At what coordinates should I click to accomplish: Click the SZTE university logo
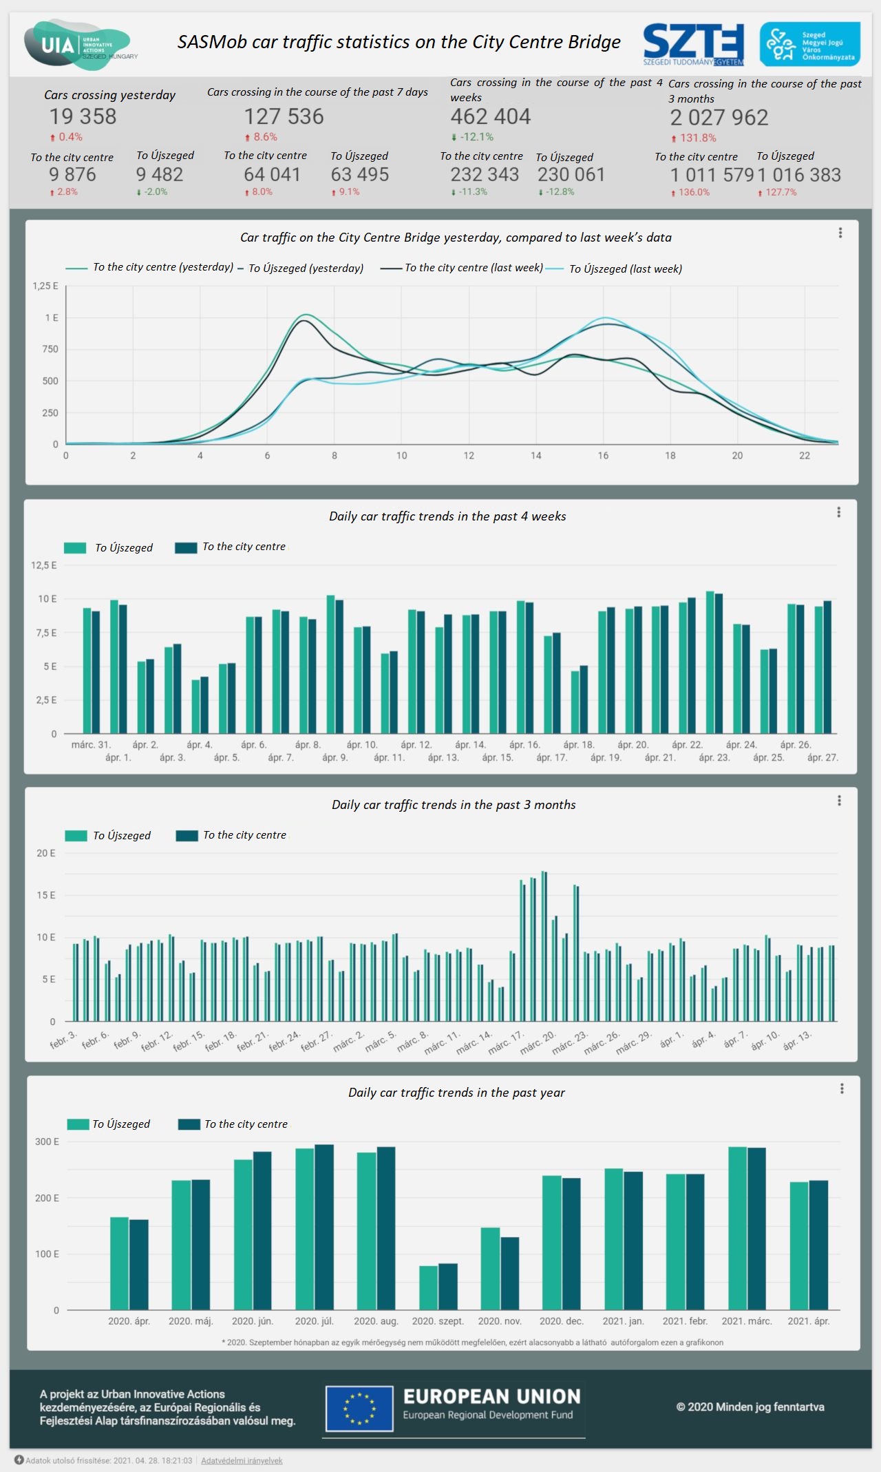pos(693,44)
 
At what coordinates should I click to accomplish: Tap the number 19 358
pos(83,116)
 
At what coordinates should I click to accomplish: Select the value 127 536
pos(284,116)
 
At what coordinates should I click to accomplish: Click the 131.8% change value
pos(697,138)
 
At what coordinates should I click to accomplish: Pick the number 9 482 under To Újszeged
pos(159,174)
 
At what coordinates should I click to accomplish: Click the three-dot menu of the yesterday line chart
pos(840,233)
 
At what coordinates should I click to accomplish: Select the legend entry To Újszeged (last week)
pos(625,269)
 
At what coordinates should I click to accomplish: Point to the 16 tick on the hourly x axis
pos(603,456)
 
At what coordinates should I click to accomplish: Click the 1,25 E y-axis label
pos(45,286)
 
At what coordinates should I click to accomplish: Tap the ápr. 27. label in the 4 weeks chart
pos(822,757)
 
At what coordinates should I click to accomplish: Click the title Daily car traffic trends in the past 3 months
pos(454,805)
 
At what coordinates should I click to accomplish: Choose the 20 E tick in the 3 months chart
pos(46,853)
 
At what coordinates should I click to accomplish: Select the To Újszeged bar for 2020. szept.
pos(428,1287)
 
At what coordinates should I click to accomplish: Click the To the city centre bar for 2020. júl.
pos(324,1227)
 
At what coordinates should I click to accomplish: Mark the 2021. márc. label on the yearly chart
pos(747,1321)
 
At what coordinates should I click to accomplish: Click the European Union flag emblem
pos(359,1409)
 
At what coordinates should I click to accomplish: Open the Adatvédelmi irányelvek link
pos(242,1460)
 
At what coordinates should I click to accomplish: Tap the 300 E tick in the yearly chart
pos(47,1142)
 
